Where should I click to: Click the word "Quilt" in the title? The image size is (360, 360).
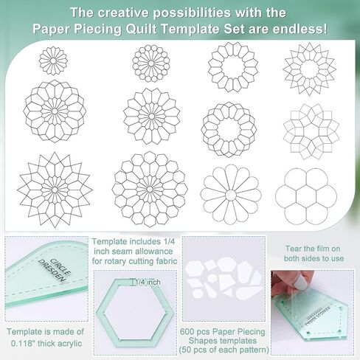[141, 30]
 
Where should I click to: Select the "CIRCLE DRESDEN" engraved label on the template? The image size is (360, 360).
[55, 270]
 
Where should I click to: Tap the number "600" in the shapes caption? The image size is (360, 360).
[187, 331]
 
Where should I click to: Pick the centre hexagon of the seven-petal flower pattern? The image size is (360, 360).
[306, 196]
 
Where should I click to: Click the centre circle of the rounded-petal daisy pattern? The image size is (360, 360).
[231, 195]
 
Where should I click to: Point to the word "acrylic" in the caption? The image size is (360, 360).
[69, 343]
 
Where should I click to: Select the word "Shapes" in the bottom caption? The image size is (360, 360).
[203, 341]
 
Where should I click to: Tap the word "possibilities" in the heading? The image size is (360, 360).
[192, 13]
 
